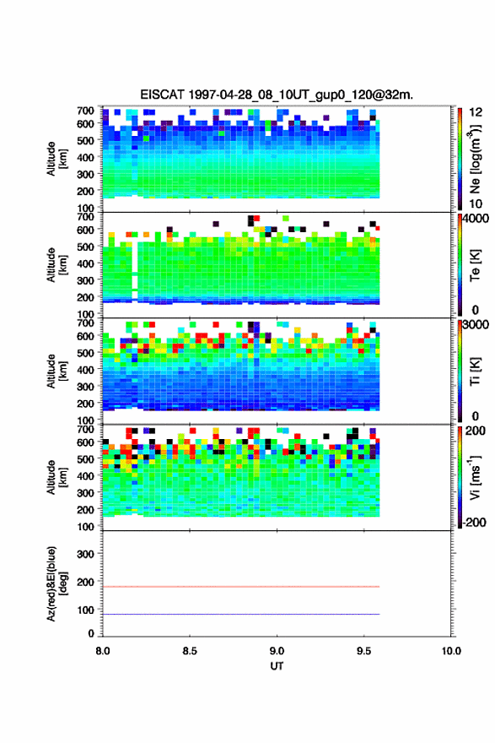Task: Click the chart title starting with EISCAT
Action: click(x=277, y=95)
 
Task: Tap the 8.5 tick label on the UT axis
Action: click(x=190, y=651)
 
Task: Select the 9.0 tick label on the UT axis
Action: click(x=277, y=651)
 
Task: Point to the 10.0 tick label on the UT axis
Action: click(x=451, y=651)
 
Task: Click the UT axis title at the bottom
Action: click(x=277, y=666)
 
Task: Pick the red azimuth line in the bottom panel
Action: click(x=241, y=587)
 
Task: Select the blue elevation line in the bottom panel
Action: click(x=241, y=614)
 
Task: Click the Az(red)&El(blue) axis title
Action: click(x=56, y=583)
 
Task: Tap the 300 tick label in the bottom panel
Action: click(x=85, y=554)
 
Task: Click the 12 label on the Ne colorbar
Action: click(x=476, y=112)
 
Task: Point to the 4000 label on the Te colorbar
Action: click(x=476, y=219)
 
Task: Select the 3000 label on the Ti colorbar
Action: click(x=476, y=324)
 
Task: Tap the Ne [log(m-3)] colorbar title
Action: click(x=475, y=159)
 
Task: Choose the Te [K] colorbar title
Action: click(x=475, y=265)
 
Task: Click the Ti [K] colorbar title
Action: click(x=475, y=371)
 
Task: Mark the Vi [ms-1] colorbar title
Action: click(x=475, y=477)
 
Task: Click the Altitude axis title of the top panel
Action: click(x=56, y=160)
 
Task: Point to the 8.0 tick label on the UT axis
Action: click(x=103, y=651)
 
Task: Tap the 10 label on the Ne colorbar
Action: click(x=476, y=203)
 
